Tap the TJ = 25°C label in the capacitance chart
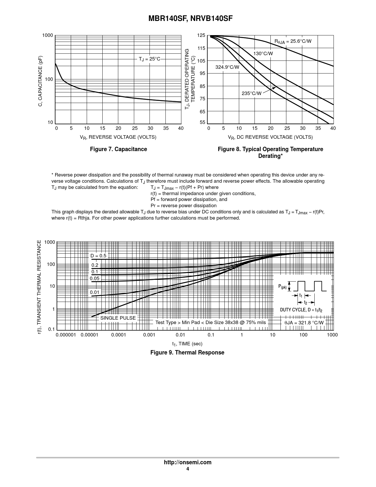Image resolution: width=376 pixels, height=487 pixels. [x=150, y=59]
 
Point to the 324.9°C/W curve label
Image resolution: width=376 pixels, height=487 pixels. [x=227, y=67]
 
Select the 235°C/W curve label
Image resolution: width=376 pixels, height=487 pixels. [x=252, y=93]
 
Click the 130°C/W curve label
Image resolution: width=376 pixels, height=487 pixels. [x=263, y=53]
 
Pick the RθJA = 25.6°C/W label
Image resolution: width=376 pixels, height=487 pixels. [x=293, y=41]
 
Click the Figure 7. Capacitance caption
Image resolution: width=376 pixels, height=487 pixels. [x=118, y=149]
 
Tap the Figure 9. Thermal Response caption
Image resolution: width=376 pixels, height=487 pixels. [x=187, y=352]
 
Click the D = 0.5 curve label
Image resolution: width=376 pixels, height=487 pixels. [x=98, y=256]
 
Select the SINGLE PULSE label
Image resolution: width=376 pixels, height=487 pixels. [x=118, y=318]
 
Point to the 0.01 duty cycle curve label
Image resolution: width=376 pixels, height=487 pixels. [x=95, y=292]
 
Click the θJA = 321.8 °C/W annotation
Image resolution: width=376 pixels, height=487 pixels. [x=304, y=323]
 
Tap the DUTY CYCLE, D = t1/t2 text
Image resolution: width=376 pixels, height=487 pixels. [x=301, y=310]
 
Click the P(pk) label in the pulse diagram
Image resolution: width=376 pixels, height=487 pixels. [x=282, y=287]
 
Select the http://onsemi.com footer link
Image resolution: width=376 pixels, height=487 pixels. [x=188, y=462]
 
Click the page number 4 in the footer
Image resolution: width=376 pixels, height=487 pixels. [x=188, y=469]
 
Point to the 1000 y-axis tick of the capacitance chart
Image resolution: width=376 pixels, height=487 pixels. [x=47, y=35]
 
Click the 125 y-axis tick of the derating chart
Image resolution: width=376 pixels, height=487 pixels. [x=201, y=35]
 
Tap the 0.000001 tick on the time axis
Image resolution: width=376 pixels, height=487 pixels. [x=66, y=335]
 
